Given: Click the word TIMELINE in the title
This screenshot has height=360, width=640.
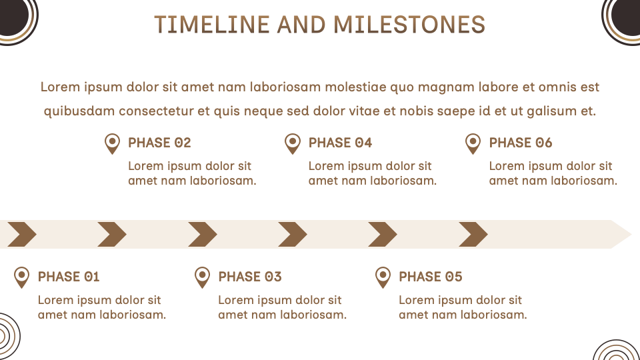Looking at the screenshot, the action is tap(212, 25).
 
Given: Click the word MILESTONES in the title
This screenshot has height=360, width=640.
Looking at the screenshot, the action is tap(409, 25).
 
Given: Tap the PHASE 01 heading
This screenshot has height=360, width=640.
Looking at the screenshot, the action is tap(69, 277).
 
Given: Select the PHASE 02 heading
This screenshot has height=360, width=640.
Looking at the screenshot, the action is tap(159, 143).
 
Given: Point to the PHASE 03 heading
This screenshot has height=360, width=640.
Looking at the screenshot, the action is tap(250, 277).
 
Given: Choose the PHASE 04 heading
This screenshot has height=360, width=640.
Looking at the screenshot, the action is tap(340, 143).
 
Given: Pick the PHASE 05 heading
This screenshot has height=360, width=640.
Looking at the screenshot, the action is tap(430, 277).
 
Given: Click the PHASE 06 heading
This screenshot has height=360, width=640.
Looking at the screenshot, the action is tap(521, 143).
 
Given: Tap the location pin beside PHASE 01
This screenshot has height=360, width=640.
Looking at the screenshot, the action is tap(21, 277).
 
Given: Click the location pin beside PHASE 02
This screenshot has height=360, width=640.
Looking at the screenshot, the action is tap(112, 143).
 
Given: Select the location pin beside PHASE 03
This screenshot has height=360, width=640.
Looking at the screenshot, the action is tap(202, 277).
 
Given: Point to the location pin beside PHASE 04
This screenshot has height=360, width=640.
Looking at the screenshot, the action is tap(292, 143).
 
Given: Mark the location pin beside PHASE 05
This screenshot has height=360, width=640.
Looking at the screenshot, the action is tap(383, 277).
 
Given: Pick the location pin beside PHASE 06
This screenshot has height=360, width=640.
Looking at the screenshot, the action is tap(473, 143).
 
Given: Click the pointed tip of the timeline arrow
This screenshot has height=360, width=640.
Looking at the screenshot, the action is tap(631, 234).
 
